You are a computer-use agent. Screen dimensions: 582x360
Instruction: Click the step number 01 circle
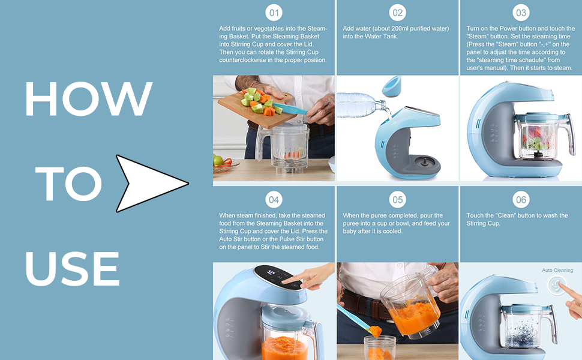point(274,13)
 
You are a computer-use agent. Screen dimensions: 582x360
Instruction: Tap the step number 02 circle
point(398,13)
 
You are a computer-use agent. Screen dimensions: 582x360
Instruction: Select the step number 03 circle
point(521,13)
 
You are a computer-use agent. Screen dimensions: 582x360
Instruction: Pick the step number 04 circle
point(274,200)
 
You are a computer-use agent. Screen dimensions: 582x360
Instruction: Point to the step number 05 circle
point(398,200)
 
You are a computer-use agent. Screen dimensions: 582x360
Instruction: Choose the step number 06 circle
point(521,200)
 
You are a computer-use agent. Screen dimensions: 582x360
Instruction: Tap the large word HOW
point(89,99)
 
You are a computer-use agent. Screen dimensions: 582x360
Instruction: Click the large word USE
point(73,268)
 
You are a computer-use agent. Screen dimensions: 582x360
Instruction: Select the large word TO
point(68,184)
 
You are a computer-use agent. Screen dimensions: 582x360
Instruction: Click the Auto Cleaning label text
point(557,270)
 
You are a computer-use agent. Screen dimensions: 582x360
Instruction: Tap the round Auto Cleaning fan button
point(556,286)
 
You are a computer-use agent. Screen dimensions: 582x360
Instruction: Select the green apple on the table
point(218,160)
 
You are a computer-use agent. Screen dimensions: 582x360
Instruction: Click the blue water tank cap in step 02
point(392,86)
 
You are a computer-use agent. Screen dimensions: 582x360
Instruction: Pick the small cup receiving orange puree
point(379,348)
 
